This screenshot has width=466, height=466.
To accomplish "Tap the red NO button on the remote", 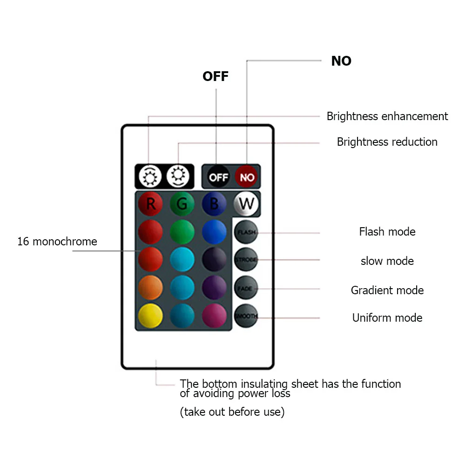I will pyautogui.click(x=247, y=177).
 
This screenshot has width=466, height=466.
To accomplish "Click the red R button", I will pyautogui.click(x=150, y=204).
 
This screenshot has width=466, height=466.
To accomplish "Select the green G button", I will pyautogui.click(x=182, y=204).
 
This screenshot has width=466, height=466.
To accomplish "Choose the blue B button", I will pyautogui.click(x=214, y=204).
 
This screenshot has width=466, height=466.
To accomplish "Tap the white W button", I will pyautogui.click(x=246, y=203).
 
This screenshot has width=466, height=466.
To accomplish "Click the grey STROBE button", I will pyautogui.click(x=245, y=260).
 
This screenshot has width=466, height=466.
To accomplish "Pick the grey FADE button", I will pyautogui.click(x=245, y=289).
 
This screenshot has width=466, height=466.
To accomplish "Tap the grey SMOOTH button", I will pyautogui.click(x=245, y=317).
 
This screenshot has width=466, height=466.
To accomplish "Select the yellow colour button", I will pyautogui.click(x=150, y=316).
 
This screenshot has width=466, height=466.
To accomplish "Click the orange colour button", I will pyautogui.click(x=150, y=288).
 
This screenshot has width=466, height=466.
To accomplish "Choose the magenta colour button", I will pyautogui.click(x=214, y=316).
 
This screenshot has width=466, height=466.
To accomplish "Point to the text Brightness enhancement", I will pyautogui.click(x=387, y=116).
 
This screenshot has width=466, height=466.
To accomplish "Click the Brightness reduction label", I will pyautogui.click(x=387, y=142).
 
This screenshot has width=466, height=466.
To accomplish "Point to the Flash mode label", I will pyautogui.click(x=387, y=232).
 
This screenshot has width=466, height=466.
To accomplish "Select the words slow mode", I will pyautogui.click(x=387, y=261).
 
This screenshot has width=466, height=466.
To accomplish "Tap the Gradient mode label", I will pyautogui.click(x=387, y=290).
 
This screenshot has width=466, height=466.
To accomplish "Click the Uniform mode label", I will pyautogui.click(x=387, y=318).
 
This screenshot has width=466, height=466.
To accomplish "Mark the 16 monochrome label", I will pyautogui.click(x=57, y=242).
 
